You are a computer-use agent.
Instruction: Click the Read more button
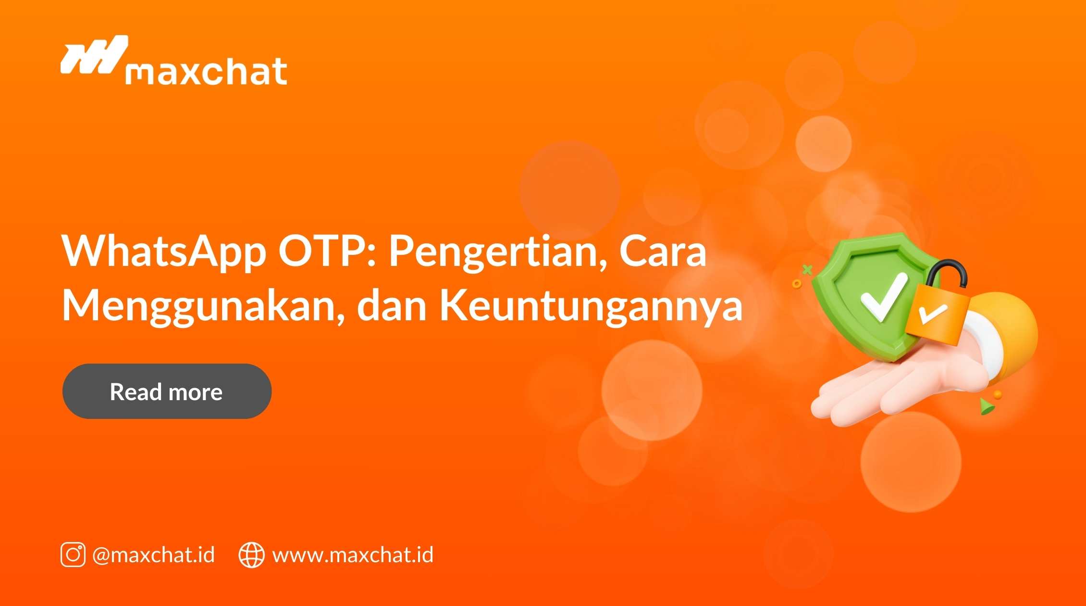point(167,391)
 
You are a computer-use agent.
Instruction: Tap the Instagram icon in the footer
point(73,555)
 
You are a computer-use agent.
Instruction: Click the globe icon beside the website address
point(251,555)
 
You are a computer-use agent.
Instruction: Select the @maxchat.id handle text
point(154,555)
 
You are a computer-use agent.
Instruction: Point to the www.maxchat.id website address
point(353,555)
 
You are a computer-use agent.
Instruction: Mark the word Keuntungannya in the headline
point(591,307)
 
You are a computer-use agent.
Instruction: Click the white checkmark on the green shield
point(883,298)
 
